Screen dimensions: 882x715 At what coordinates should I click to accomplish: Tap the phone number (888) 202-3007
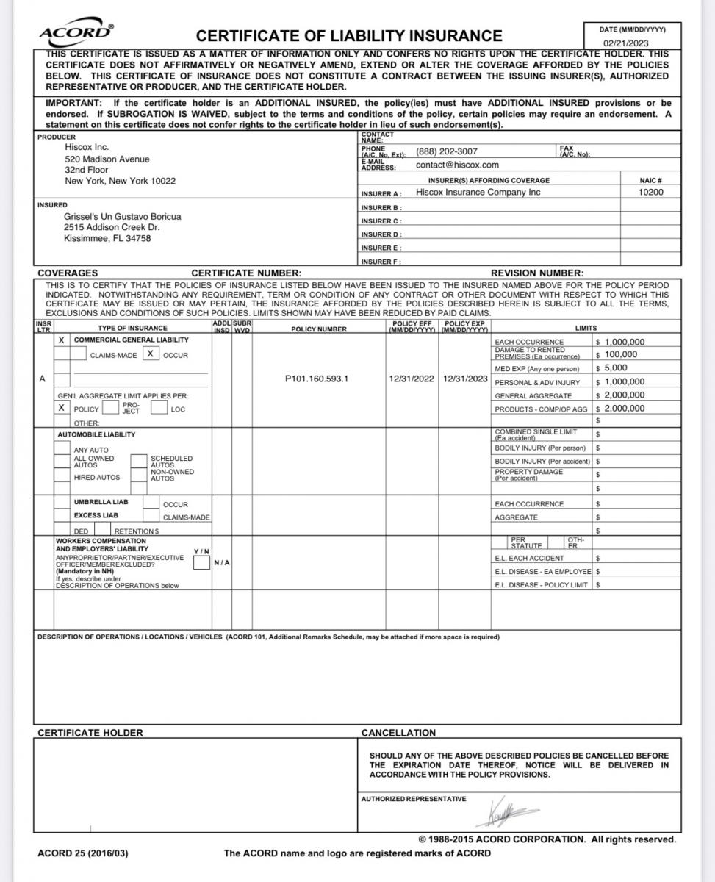pyautogui.click(x=447, y=151)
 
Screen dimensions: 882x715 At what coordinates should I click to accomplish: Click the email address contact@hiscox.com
pyautogui.click(x=457, y=165)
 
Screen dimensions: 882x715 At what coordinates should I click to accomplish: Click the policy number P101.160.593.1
pyautogui.click(x=317, y=379)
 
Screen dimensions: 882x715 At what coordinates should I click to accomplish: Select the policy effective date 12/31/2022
pyautogui.click(x=412, y=379)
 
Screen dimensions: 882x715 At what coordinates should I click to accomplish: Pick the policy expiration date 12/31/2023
pyautogui.click(x=465, y=379)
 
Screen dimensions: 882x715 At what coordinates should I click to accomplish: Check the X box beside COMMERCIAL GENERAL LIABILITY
pyautogui.click(x=62, y=340)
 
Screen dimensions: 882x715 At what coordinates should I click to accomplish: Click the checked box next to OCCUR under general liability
pyautogui.click(x=150, y=354)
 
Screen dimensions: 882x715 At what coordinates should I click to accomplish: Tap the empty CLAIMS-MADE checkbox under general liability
pyautogui.click(x=79, y=354)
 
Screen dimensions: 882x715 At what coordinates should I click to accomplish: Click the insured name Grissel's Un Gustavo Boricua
pyautogui.click(x=123, y=216)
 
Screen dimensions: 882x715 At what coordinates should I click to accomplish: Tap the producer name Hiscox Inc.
pyautogui.click(x=87, y=147)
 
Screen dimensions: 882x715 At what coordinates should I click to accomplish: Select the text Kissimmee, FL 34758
pyautogui.click(x=107, y=238)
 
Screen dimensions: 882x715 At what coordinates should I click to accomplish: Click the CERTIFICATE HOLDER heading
pyautogui.click(x=90, y=733)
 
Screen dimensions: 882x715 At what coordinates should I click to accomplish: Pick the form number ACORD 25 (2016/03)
pyautogui.click(x=85, y=853)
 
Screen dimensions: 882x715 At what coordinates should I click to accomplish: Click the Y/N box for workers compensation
pyautogui.click(x=201, y=563)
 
